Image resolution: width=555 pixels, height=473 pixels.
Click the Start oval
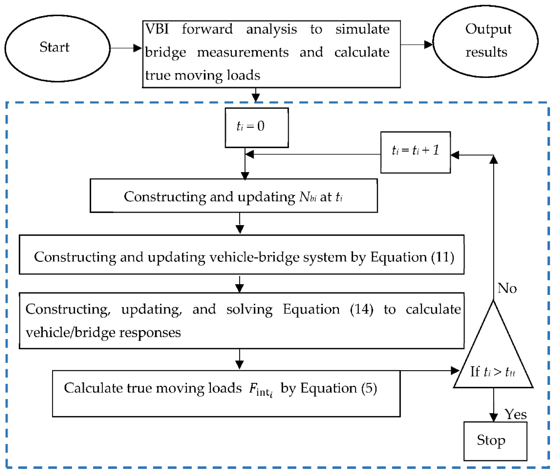pos(57,48)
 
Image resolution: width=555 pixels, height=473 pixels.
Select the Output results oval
pos(485,41)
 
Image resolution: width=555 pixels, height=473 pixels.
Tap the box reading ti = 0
pos(256,128)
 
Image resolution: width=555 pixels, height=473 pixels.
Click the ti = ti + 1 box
pos(415,152)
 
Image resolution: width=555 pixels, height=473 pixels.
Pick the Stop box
pos(495,441)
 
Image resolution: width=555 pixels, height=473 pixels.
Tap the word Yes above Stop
pos(515,414)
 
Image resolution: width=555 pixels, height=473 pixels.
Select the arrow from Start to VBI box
pos(126,48)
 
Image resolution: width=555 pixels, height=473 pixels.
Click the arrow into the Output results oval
pos(417,45)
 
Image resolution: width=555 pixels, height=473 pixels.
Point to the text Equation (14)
pos(328,309)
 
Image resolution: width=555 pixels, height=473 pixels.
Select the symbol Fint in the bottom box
pos(260,389)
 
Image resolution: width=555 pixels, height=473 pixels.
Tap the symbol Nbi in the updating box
pos(307,197)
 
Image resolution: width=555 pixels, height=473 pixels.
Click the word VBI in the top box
pos(157,29)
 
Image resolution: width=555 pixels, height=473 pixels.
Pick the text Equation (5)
pos(339,388)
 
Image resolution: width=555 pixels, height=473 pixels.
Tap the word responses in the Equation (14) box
pos(150,333)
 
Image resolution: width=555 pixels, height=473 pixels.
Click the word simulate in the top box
pos(362,29)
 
